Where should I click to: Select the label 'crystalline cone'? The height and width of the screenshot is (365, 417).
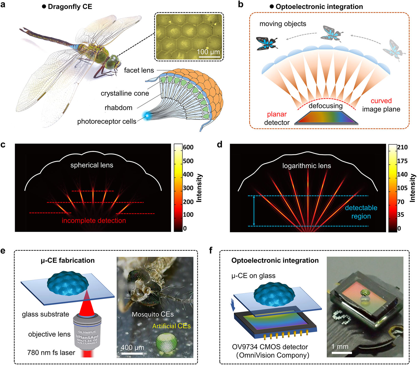click(x=125, y=93)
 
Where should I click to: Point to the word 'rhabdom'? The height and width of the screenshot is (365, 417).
click(x=118, y=107)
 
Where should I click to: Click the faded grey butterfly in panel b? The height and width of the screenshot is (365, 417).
click(x=394, y=50)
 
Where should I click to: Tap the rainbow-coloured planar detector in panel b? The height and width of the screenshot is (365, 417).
click(x=326, y=118)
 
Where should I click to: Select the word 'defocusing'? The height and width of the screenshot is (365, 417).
click(x=326, y=106)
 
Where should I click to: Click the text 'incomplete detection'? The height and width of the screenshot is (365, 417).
click(x=94, y=220)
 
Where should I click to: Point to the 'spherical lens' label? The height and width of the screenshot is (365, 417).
click(x=92, y=165)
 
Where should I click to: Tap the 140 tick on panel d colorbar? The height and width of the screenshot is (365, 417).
click(x=402, y=174)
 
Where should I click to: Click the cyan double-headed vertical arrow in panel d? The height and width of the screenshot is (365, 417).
click(x=254, y=211)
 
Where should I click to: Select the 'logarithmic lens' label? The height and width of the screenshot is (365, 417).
click(x=306, y=166)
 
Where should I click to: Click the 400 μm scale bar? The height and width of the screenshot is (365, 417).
click(x=132, y=354)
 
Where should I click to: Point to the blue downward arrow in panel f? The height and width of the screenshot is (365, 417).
click(x=233, y=305)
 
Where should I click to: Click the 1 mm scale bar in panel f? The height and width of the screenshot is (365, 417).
click(x=342, y=353)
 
